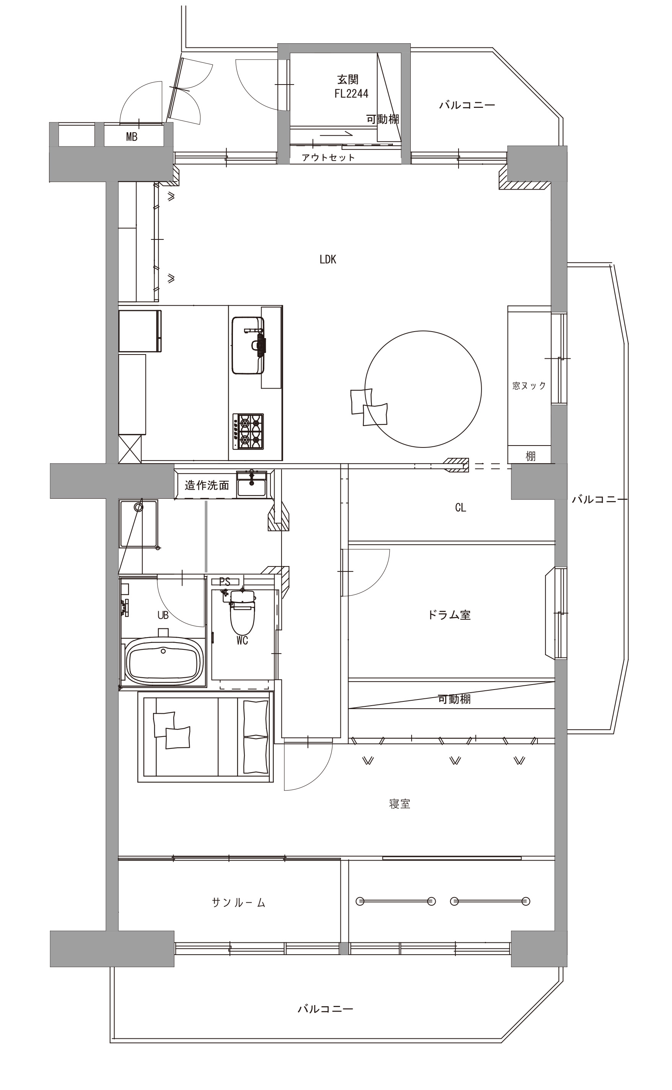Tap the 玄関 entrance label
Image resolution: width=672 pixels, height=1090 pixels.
point(348,80)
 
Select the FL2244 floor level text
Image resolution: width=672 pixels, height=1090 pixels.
point(351,94)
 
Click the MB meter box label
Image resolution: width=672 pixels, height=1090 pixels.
point(132,137)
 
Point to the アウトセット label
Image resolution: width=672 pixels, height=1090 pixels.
point(329,157)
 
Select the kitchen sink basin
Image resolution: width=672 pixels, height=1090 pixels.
point(247,345)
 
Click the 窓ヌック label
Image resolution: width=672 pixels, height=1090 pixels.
point(529,386)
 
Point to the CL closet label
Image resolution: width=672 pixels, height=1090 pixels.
point(460,508)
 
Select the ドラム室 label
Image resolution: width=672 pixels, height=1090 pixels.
point(449,615)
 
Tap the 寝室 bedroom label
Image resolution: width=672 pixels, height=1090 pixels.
point(400,804)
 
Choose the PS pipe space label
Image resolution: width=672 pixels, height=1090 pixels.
point(225,582)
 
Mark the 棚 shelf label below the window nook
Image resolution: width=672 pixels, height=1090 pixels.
point(530,456)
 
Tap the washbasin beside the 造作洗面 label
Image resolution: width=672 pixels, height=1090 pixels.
point(252,484)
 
